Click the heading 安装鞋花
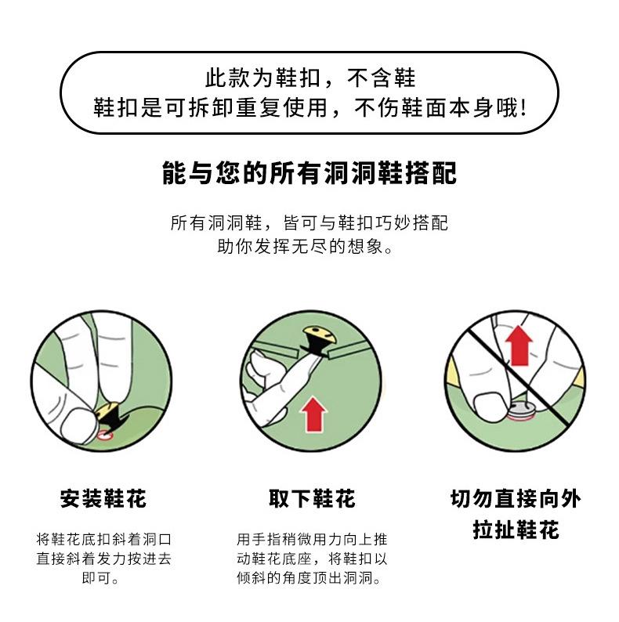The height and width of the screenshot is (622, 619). (103, 499)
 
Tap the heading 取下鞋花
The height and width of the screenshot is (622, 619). (312, 499)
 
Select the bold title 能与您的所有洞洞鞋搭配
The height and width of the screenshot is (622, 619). (309, 173)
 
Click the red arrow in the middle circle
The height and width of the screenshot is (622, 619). (313, 414)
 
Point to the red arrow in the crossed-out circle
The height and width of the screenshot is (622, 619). (519, 346)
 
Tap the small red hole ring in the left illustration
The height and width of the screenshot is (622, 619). (105, 436)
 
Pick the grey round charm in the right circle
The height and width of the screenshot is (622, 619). (519, 411)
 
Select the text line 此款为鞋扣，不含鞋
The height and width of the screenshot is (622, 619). (310, 78)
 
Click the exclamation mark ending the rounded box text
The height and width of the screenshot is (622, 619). (523, 107)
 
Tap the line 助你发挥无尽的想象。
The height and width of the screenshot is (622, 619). (305, 246)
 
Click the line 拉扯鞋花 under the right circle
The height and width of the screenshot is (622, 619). (516, 530)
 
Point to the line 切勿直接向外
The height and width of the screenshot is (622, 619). (516, 499)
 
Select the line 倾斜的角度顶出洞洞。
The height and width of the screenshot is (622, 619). (309, 577)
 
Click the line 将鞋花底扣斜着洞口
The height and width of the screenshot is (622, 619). (103, 539)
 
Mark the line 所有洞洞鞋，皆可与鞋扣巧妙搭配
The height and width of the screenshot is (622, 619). (309, 223)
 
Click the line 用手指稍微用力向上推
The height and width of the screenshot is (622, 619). (312, 539)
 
